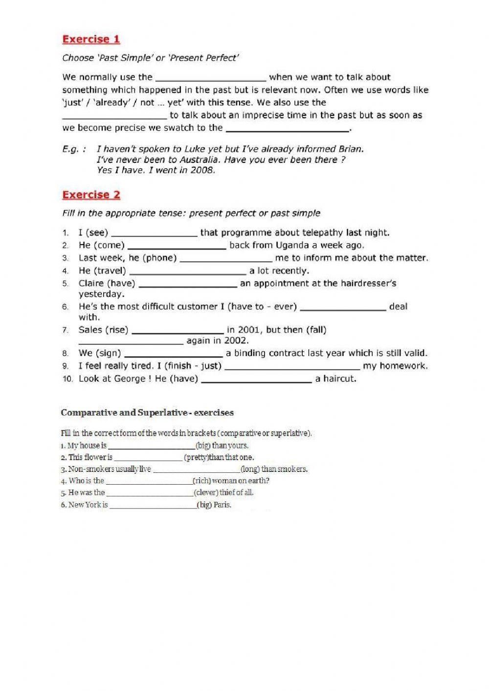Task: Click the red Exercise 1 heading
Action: (x=91, y=39)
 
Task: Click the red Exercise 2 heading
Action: (x=91, y=195)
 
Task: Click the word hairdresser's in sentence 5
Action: (x=367, y=284)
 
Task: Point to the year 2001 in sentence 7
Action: (x=249, y=330)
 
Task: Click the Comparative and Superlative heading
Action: (x=147, y=413)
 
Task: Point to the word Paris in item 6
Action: (x=222, y=505)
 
